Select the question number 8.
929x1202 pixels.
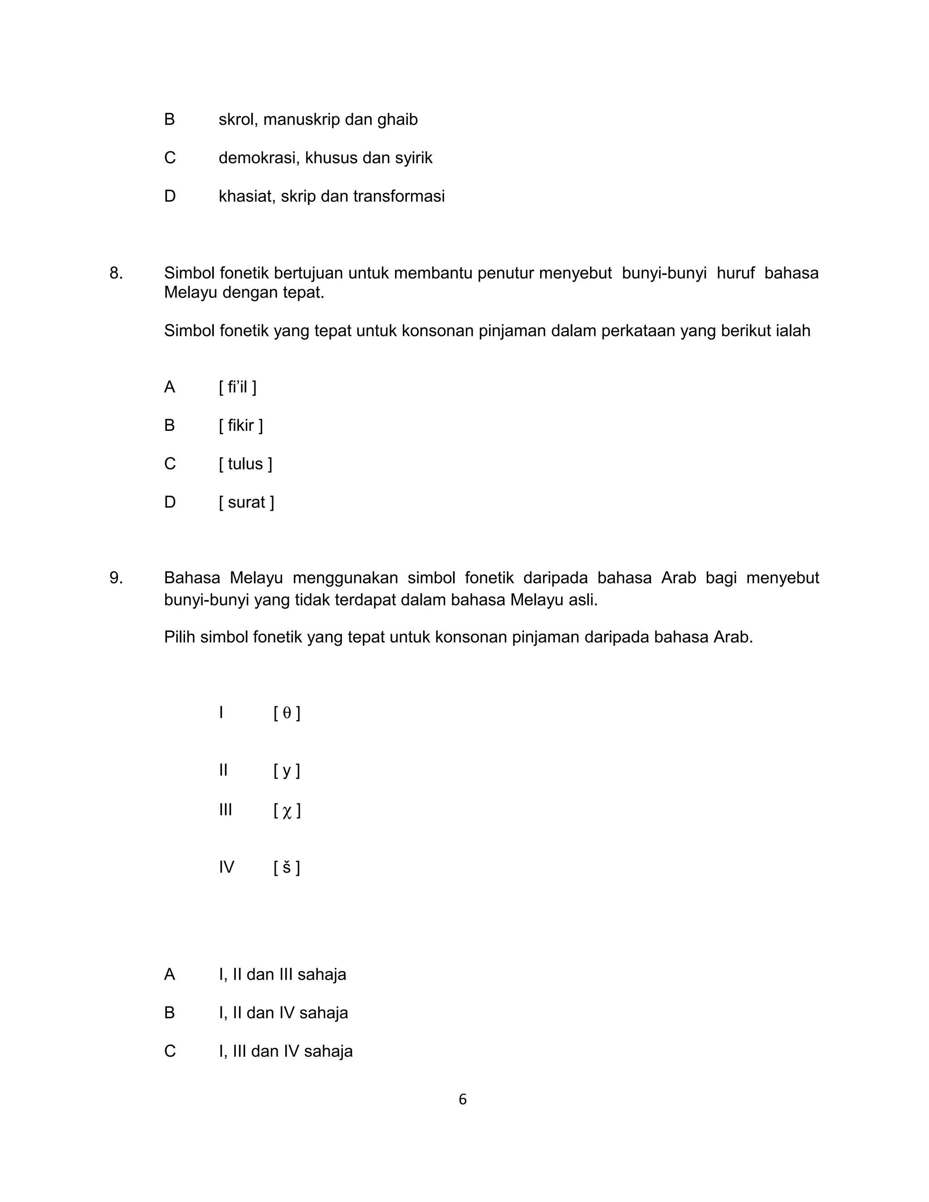(x=116, y=273)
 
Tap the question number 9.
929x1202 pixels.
(x=116, y=578)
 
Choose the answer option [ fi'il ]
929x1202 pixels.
(x=238, y=387)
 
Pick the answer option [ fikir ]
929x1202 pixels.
(x=241, y=425)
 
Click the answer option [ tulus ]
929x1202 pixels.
(x=245, y=464)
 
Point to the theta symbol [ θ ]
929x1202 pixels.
(x=287, y=713)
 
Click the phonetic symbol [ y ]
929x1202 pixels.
(x=287, y=771)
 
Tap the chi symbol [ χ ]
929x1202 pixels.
(x=287, y=811)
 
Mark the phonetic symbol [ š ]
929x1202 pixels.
(x=287, y=868)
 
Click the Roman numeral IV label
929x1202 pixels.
(x=226, y=867)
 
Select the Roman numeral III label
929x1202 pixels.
(x=225, y=810)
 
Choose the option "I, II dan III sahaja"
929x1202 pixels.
(x=282, y=975)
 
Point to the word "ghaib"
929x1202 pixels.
(x=397, y=120)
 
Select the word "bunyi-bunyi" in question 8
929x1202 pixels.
(x=664, y=273)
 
